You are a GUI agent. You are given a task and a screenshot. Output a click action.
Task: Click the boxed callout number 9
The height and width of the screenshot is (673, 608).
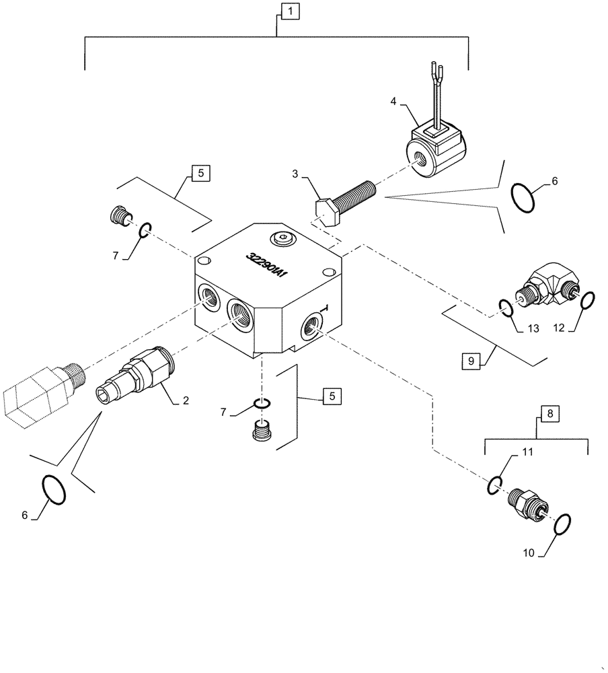pyautogui.click(x=470, y=361)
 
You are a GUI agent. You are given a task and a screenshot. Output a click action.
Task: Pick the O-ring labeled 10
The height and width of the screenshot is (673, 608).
pyautogui.click(x=564, y=523)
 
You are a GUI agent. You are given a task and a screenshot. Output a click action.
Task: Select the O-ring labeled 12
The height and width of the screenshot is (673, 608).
pyautogui.click(x=586, y=299)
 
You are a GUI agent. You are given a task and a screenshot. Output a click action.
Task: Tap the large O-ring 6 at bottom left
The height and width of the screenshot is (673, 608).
pyautogui.click(x=54, y=489)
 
